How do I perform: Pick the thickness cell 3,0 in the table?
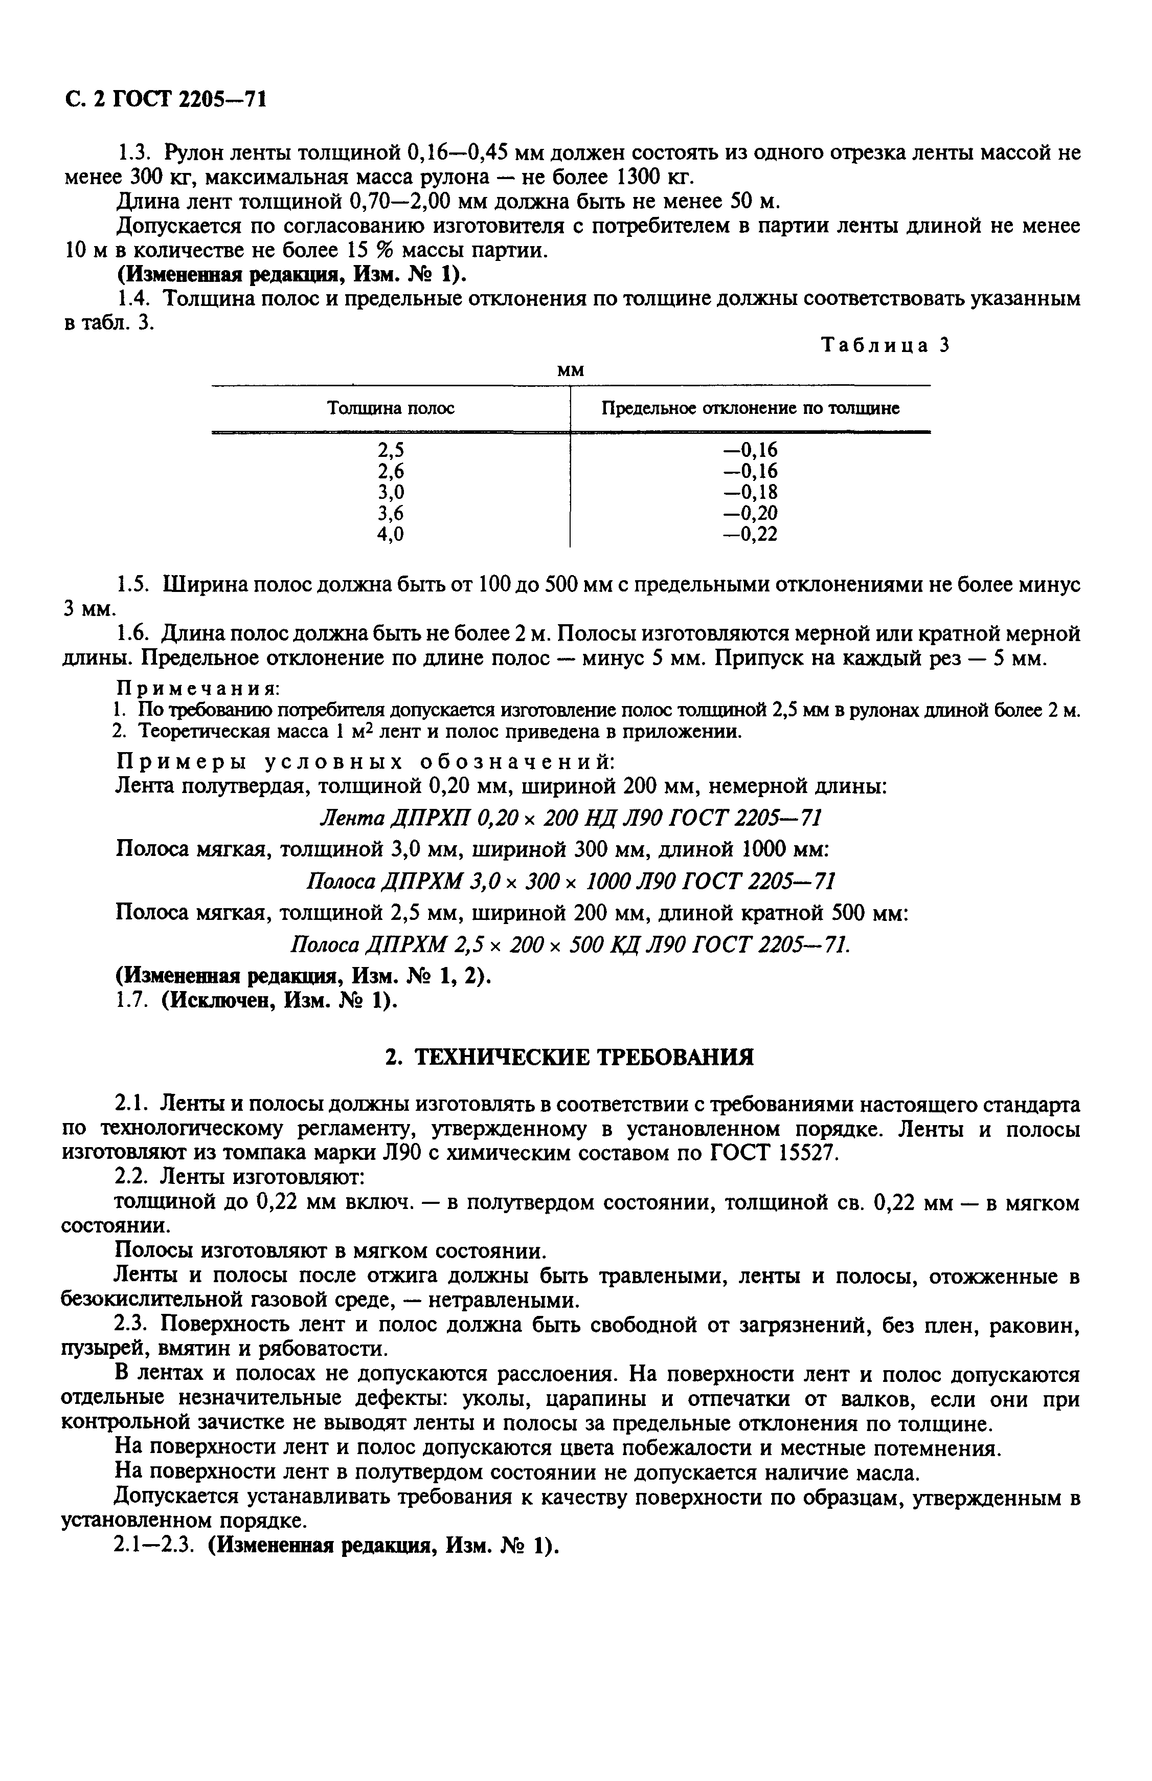point(391,492)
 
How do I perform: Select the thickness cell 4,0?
point(391,534)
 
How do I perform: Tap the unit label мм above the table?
point(571,370)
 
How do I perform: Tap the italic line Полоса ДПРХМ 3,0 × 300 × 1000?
point(571,881)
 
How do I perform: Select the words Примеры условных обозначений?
point(365,762)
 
